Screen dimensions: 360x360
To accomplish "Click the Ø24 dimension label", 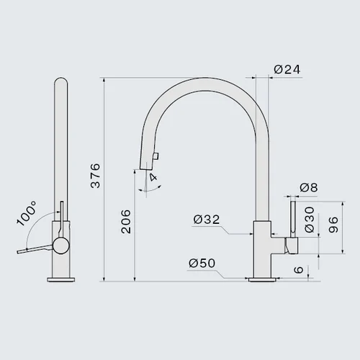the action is pos(287,70).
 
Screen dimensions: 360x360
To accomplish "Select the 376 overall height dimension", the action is pos(96,176).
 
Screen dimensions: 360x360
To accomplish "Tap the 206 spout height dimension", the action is pos(126,222).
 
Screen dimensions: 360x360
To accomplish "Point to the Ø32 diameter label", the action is pos(207,220).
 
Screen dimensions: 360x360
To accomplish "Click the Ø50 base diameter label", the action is pos(202,264).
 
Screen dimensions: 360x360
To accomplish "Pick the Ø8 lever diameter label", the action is pos(309,187).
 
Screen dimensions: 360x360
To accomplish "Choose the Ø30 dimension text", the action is pos(310,220).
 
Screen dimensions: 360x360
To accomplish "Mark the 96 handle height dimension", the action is pos(333,225).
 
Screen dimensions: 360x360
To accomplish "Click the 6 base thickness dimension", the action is pos(299,270).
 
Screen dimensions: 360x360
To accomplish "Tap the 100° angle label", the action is pos(27,213).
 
